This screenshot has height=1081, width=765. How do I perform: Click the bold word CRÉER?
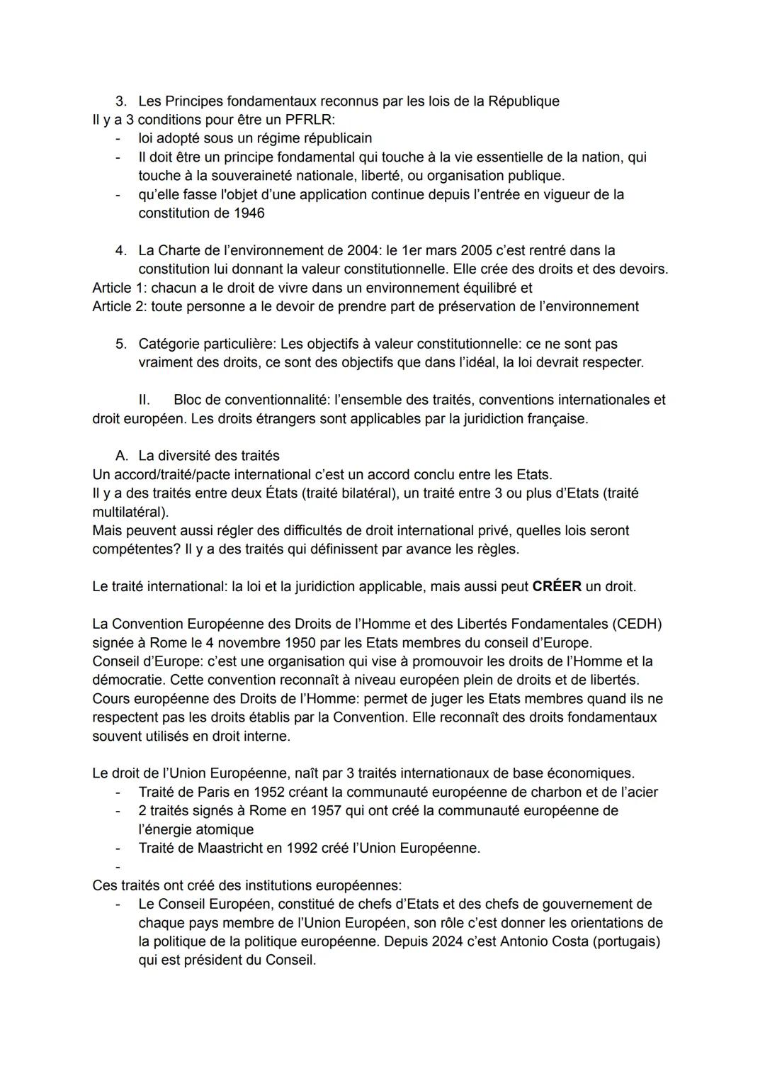tap(557, 587)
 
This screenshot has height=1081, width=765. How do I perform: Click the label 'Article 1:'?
tap(120, 288)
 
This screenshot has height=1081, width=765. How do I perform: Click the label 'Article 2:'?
tap(120, 307)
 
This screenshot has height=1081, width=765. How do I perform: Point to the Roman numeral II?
tap(144, 401)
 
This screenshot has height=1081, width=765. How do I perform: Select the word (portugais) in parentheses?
tap(628, 942)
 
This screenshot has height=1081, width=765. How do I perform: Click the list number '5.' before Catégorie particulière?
tap(121, 345)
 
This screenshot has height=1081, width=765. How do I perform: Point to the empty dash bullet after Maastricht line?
tap(118, 867)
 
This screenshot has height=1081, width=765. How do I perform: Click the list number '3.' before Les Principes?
tap(121, 101)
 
